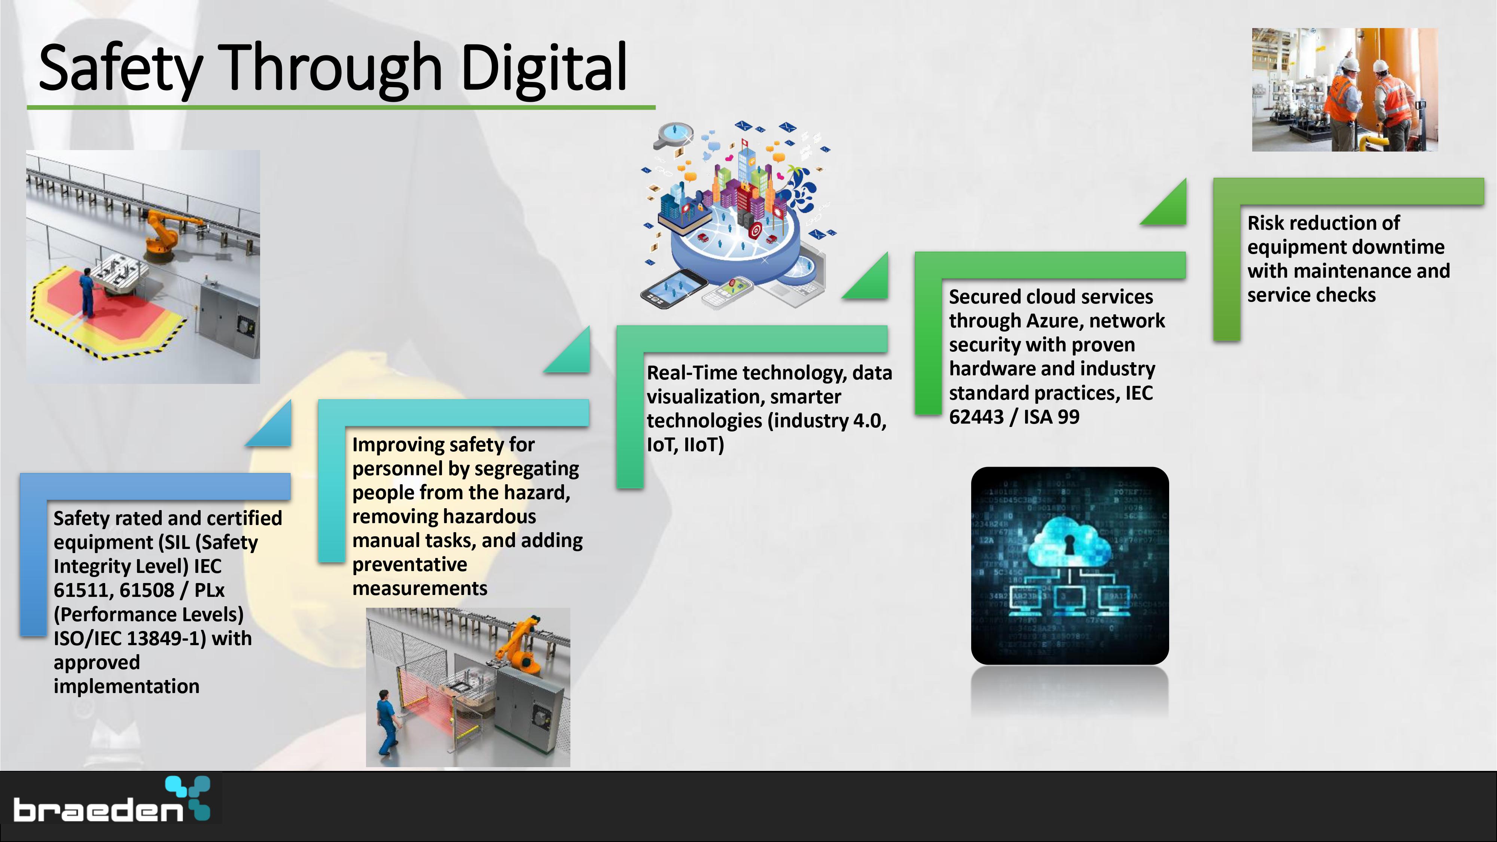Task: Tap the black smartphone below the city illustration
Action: tap(674, 288)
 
